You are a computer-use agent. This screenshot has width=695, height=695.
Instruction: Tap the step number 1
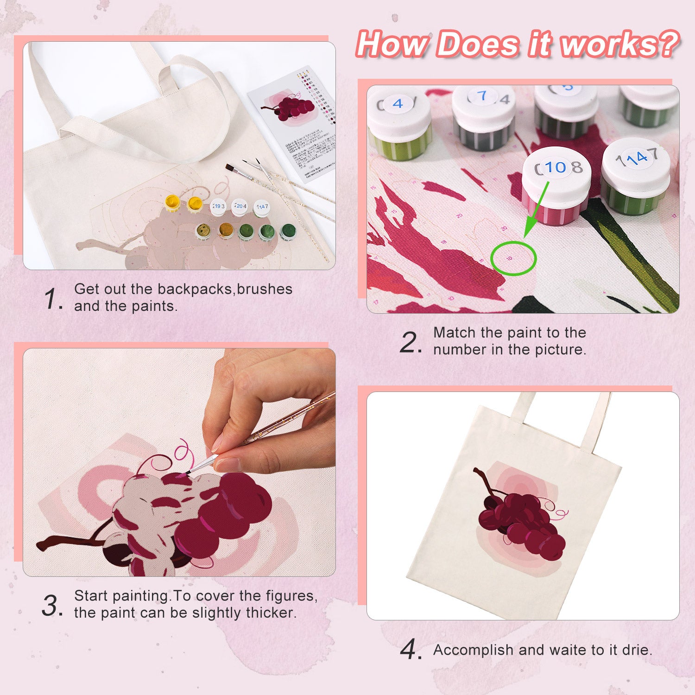pyautogui.click(x=52, y=298)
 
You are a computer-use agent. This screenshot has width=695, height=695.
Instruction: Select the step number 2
pyautogui.click(x=410, y=343)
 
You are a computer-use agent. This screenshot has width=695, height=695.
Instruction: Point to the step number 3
pyautogui.click(x=51, y=606)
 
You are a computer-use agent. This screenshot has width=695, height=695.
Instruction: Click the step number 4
pyautogui.click(x=411, y=649)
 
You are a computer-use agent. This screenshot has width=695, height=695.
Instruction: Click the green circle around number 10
pyautogui.click(x=513, y=258)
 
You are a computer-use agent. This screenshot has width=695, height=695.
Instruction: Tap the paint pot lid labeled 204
pyautogui.click(x=240, y=206)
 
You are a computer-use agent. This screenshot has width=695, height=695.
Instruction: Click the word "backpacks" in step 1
pyautogui.click(x=195, y=289)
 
